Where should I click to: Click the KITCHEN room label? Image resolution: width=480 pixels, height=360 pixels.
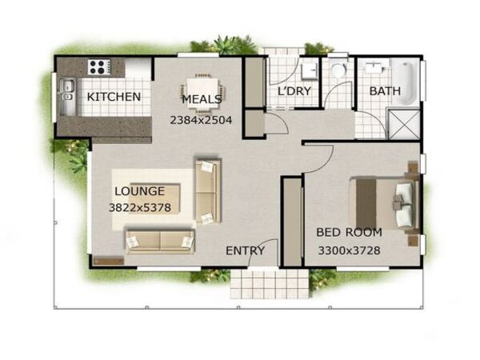pyautogui.click(x=114, y=97)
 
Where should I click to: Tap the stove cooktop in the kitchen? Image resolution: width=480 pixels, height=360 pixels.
pyautogui.click(x=99, y=67)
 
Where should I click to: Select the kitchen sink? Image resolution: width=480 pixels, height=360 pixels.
pyautogui.click(x=67, y=91)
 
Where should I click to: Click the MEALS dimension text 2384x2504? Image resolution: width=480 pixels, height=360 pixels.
pyautogui.click(x=201, y=120)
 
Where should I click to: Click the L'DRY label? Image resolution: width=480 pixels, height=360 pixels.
pyautogui.click(x=294, y=91)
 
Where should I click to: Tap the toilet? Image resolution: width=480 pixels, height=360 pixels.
pyautogui.click(x=338, y=69)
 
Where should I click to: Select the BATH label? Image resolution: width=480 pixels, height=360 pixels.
pyautogui.click(x=385, y=91)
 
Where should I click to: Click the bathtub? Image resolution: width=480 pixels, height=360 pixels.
pyautogui.click(x=406, y=82)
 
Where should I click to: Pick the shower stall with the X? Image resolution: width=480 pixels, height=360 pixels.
pyautogui.click(x=403, y=124)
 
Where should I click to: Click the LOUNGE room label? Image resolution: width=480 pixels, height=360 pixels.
pyautogui.click(x=139, y=191)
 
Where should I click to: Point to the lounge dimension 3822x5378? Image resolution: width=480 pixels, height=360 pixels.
pyautogui.click(x=140, y=208)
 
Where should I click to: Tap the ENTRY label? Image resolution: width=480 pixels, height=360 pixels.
pyautogui.click(x=246, y=251)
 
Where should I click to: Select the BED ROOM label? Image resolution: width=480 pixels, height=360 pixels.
pyautogui.click(x=350, y=232)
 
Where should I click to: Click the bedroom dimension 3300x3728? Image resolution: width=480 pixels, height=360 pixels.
pyautogui.click(x=350, y=250)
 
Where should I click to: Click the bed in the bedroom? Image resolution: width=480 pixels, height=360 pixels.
pyautogui.click(x=384, y=203)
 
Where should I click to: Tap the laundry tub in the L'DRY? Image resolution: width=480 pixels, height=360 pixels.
pyautogui.click(x=308, y=72)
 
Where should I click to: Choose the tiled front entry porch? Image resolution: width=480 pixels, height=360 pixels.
pyautogui.click(x=270, y=283)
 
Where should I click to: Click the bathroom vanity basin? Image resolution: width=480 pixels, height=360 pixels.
pyautogui.click(x=374, y=66)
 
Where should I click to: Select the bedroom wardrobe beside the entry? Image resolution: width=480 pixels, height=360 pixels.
pyautogui.click(x=293, y=222)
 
